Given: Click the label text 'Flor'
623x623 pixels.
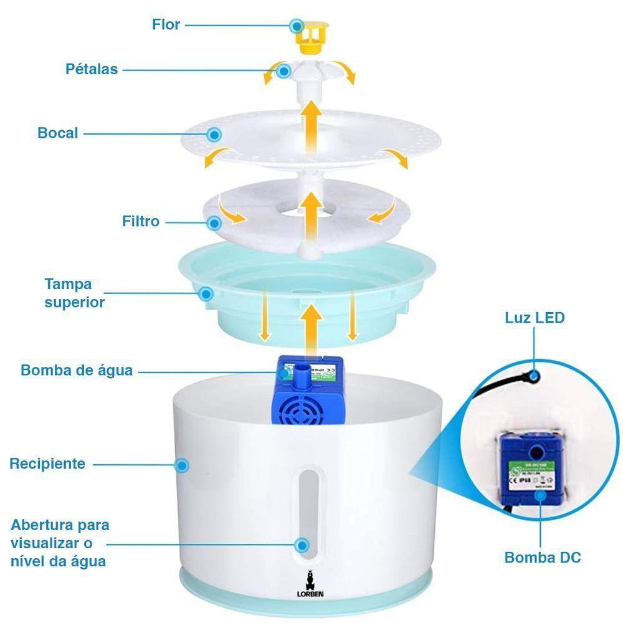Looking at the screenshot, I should click(166, 25).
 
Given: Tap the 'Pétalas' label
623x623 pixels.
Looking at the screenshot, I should click(92, 69).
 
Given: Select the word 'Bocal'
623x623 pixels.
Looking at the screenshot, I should click(58, 133).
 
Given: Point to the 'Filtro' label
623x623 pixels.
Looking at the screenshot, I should click(141, 221).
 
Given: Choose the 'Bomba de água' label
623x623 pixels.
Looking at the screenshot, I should click(77, 370).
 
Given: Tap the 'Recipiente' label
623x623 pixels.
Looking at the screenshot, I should click(47, 464).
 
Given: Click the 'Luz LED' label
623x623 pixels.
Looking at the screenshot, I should click(535, 318).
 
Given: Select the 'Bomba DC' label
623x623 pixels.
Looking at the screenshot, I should click(543, 557).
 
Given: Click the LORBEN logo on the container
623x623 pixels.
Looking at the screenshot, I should click(310, 586).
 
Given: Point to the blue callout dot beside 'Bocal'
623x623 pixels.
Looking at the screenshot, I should click(214, 134).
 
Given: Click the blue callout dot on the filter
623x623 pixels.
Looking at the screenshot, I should click(215, 222).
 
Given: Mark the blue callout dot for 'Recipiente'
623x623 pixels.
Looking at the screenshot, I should click(182, 465).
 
